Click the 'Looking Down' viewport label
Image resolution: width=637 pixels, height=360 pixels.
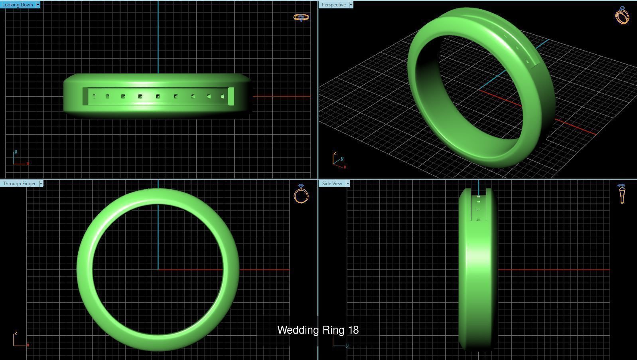[18, 5]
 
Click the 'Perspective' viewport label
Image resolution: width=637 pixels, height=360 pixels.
[333, 5]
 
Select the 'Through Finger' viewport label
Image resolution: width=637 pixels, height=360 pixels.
[19, 184]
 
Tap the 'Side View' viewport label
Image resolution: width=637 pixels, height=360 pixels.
[332, 184]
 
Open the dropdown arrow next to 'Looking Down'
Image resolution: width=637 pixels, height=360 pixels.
[38, 5]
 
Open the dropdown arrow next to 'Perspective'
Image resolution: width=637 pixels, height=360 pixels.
[351, 5]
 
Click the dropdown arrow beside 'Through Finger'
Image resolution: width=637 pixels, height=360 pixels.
[41, 184]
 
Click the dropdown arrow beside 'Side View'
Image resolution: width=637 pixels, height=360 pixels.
[348, 184]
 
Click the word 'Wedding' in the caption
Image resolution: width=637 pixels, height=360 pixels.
[295, 330]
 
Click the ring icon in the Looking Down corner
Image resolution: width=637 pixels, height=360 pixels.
[301, 17]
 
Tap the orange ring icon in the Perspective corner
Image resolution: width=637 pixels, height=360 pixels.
[622, 16]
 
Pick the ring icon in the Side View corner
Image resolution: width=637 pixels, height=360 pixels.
[621, 194]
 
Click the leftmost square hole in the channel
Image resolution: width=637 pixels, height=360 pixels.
[94, 96]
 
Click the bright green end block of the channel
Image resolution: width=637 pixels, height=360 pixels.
[231, 97]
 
